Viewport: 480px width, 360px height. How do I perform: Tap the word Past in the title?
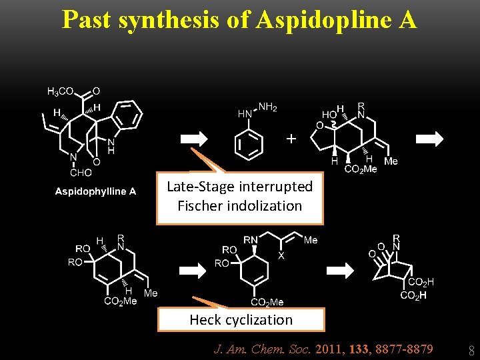tap(87, 20)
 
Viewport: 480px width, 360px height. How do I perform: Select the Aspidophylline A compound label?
tap(95, 192)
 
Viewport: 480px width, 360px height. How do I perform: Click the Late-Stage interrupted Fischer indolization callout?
tap(240, 196)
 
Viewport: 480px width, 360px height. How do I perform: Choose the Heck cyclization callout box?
tap(241, 320)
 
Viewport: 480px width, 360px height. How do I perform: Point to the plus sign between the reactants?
tap(290, 139)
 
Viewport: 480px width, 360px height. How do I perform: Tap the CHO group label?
tap(81, 173)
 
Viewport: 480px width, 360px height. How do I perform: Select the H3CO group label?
tap(61, 91)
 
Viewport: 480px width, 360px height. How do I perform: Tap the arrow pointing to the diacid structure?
tap(344, 269)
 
